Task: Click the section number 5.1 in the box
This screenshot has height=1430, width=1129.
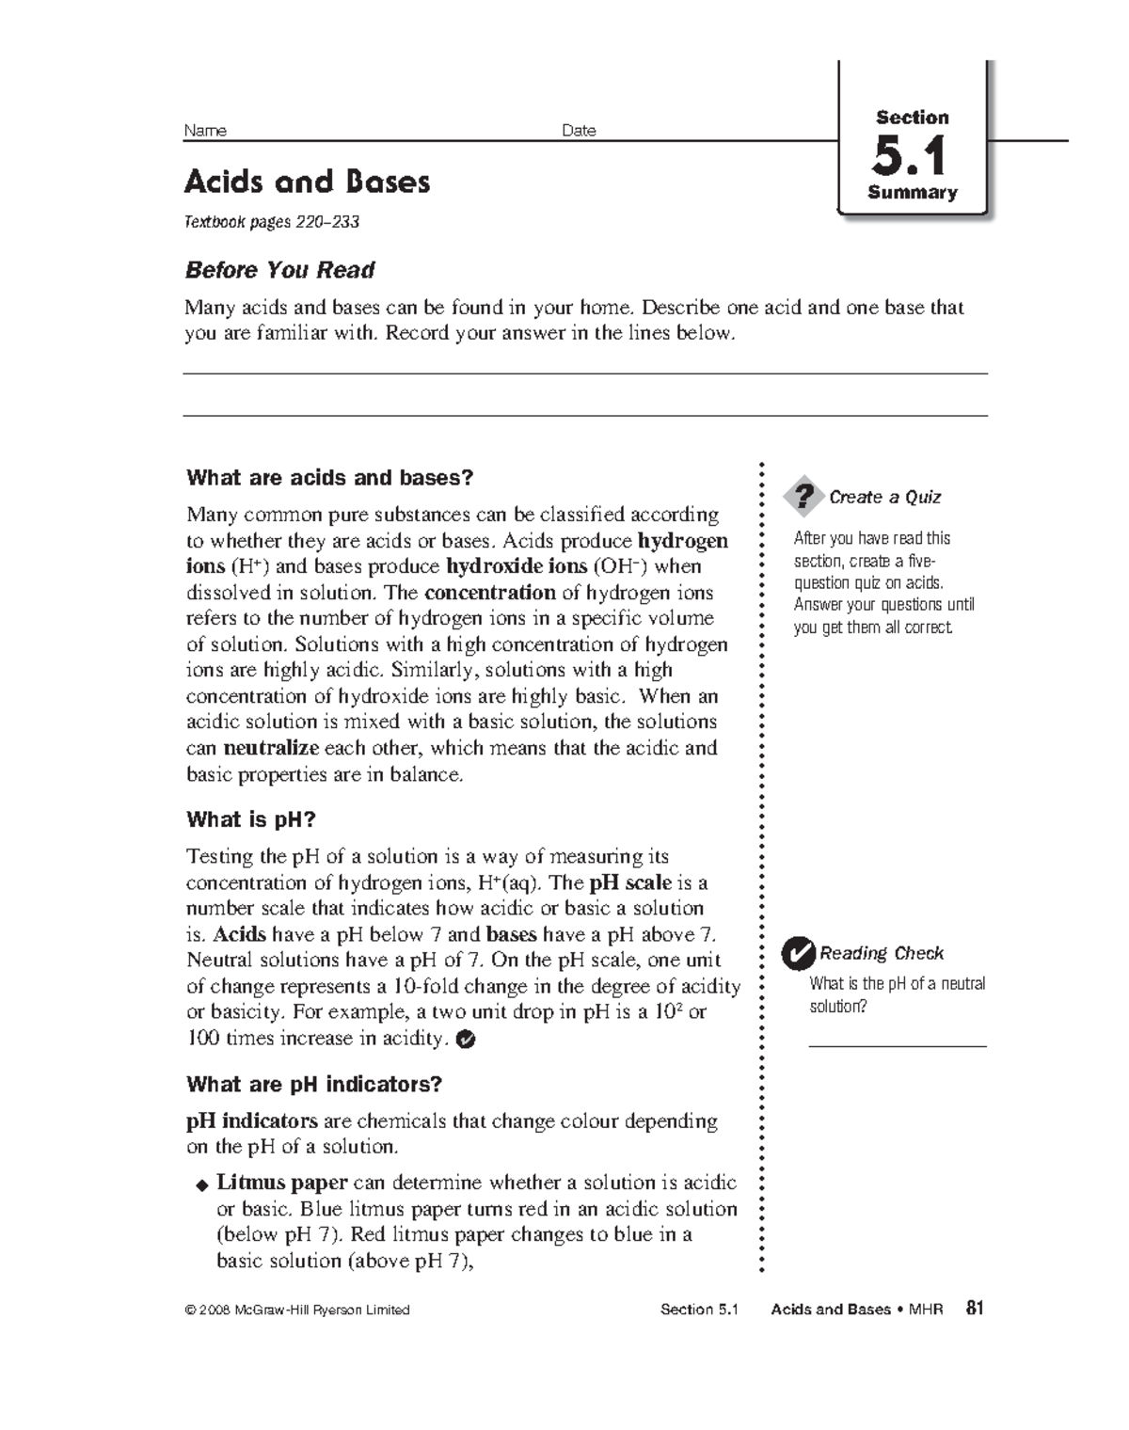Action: [909, 156]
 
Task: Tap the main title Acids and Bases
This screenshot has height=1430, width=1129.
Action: [307, 182]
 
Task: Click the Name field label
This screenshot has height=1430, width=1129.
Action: [205, 131]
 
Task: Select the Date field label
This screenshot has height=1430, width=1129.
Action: [579, 131]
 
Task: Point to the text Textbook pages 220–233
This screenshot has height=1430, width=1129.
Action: [272, 222]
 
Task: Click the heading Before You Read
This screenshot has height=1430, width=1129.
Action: [279, 270]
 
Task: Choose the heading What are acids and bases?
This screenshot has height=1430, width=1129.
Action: [329, 478]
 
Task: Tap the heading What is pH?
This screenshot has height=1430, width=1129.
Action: [250, 819]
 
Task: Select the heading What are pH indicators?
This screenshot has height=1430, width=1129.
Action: [313, 1084]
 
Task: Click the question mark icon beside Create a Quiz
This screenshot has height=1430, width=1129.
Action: [803, 497]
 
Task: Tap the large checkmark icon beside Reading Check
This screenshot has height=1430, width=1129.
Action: [798, 954]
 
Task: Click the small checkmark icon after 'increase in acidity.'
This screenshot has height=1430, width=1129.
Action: [465, 1040]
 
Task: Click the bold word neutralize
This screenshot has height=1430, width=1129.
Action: [271, 749]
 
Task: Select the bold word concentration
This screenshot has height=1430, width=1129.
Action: [489, 593]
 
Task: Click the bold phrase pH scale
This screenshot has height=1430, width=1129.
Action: [629, 882]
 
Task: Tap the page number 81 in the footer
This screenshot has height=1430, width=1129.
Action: [975, 1308]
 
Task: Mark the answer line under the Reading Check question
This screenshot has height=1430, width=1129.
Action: [897, 1045]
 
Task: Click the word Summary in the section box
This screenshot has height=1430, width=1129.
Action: [912, 193]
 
